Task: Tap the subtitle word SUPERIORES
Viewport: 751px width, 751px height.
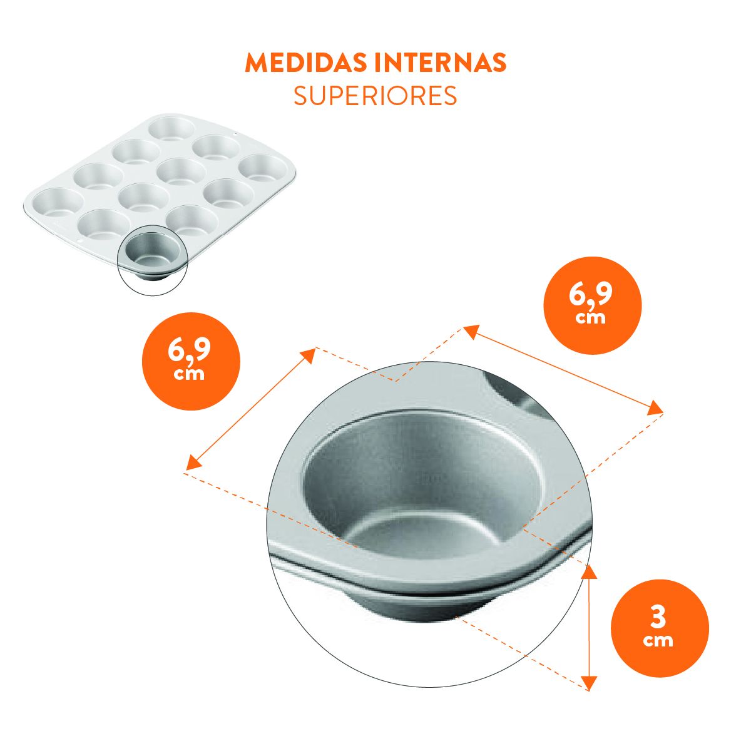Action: tap(375, 96)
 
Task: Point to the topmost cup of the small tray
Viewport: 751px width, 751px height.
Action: tap(171, 129)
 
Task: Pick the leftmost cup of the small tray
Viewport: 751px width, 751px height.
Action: tap(58, 203)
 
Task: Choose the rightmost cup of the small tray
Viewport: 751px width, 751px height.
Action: tap(262, 168)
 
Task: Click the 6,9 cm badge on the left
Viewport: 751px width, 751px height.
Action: tap(191, 361)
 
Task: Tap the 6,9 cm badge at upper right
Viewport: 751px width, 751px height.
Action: tap(593, 305)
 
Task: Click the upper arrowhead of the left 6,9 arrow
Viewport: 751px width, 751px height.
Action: tap(309, 355)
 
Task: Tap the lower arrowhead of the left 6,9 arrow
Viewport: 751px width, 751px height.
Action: tap(193, 463)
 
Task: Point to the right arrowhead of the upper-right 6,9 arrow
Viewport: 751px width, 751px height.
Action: tap(655, 409)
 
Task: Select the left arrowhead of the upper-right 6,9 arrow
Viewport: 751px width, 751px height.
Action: tap(472, 332)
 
